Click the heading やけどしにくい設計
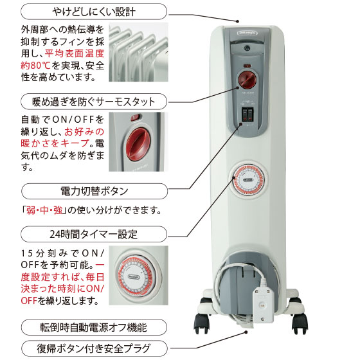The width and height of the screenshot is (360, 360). [94, 12]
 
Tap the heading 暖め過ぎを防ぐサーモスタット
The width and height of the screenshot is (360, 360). [94, 102]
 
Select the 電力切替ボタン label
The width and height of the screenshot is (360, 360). [94, 191]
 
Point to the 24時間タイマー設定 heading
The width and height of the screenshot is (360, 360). [94, 234]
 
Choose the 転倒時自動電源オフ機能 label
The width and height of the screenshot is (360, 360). [94, 327]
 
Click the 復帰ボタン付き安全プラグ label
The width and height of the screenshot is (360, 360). [94, 348]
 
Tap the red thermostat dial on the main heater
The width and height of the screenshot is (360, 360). [248, 80]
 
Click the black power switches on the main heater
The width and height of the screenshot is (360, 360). [248, 114]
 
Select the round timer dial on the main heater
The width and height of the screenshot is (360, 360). [248, 179]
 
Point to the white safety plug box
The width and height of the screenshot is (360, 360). [264, 305]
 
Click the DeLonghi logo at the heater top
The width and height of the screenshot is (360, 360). [248, 33]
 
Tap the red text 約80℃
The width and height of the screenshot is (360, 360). [35, 66]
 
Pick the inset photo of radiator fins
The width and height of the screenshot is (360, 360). [138, 52]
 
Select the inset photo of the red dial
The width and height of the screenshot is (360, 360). [138, 141]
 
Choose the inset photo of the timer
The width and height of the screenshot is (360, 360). [138, 275]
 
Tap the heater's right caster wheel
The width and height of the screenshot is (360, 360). [300, 323]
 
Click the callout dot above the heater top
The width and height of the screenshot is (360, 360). [238, 21]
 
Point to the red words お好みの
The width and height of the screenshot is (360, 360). [84, 132]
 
